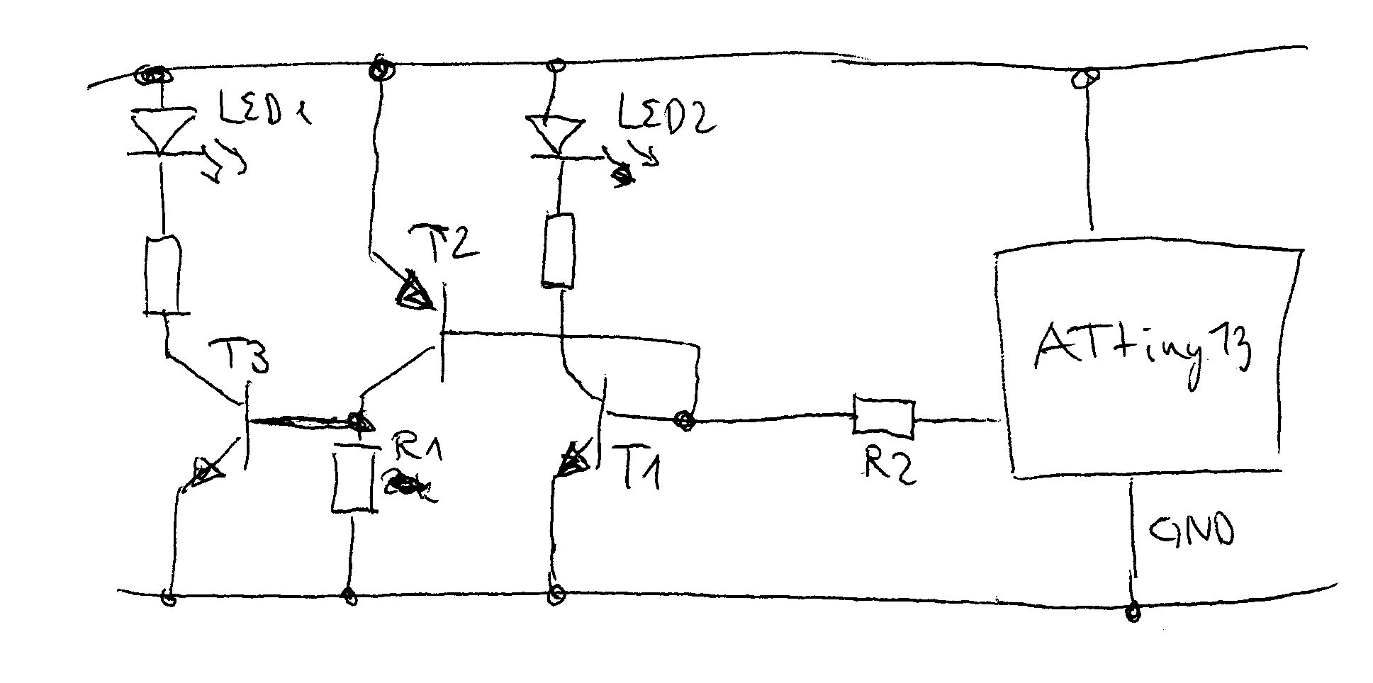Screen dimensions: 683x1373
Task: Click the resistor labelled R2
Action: (883, 417)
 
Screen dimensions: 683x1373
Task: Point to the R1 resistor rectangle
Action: (353, 478)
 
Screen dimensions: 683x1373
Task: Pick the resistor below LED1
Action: (164, 276)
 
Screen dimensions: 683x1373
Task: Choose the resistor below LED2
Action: (558, 251)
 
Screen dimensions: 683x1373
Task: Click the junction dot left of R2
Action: (685, 420)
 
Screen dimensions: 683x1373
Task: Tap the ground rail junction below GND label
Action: (1133, 611)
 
